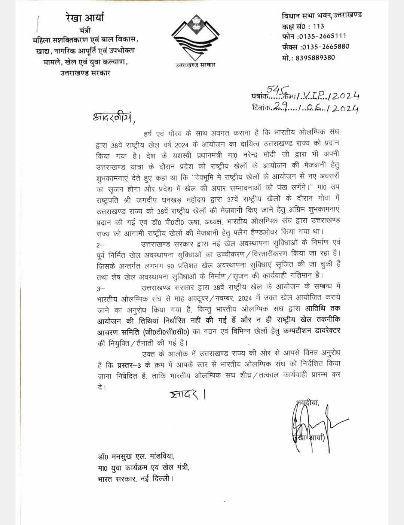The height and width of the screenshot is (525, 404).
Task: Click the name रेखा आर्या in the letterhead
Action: (x=85, y=18)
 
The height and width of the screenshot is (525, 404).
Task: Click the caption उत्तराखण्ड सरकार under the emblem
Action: (x=195, y=65)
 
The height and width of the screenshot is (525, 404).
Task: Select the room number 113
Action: (x=319, y=26)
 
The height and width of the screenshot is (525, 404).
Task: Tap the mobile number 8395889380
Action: (x=321, y=57)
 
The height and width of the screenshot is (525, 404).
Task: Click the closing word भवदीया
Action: (x=306, y=403)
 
